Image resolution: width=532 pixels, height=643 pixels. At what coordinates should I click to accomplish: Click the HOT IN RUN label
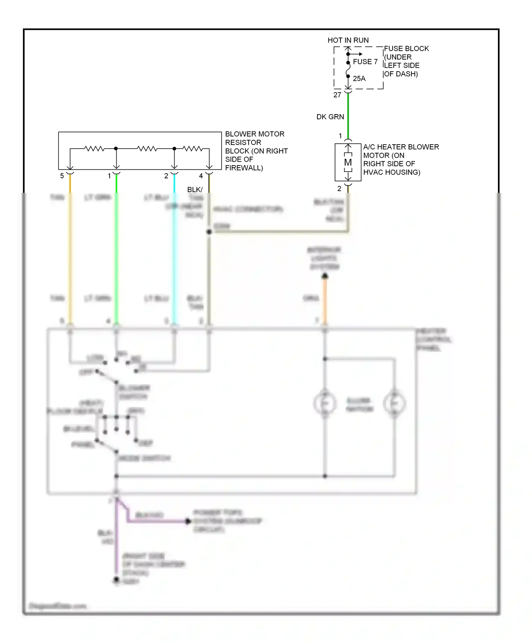348,40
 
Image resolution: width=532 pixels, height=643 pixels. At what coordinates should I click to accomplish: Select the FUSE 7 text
365,62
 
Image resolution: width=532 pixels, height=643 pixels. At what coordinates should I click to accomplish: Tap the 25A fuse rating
359,78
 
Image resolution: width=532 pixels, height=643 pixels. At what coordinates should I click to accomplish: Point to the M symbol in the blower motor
348,162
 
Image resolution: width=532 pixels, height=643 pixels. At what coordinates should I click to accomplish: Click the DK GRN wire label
330,117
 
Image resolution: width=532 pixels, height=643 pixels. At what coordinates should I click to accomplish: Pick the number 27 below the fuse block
337,95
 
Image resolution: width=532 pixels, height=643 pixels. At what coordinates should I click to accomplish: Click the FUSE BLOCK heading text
406,49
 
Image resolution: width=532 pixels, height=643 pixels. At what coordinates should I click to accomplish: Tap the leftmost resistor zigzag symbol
94,149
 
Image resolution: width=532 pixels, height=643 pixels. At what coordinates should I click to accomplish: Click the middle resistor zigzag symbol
147,149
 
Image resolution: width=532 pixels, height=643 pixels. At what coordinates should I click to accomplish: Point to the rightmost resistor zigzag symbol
193,149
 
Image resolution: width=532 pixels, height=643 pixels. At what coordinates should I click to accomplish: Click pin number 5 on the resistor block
62,176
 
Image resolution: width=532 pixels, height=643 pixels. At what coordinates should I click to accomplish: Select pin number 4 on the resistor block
201,176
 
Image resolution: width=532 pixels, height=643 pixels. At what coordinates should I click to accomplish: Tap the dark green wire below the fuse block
348,117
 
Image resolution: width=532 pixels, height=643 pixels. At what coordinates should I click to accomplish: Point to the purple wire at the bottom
116,542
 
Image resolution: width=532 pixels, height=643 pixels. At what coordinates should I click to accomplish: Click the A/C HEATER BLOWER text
401,147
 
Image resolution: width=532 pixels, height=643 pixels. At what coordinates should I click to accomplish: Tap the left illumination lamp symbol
325,403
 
